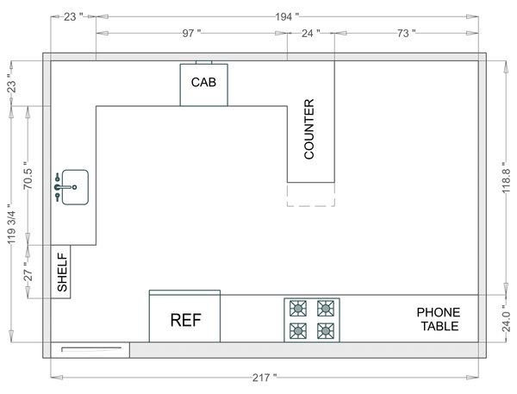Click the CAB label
point(203,83)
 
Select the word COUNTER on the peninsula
point(310,130)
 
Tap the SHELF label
point(61,272)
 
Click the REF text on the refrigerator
point(186,321)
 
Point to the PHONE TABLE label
point(438,319)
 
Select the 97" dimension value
point(192,33)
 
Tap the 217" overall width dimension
point(265,378)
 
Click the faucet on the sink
point(59,187)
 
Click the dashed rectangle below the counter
point(310,195)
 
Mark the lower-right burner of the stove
point(325,330)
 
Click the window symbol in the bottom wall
point(90,349)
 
